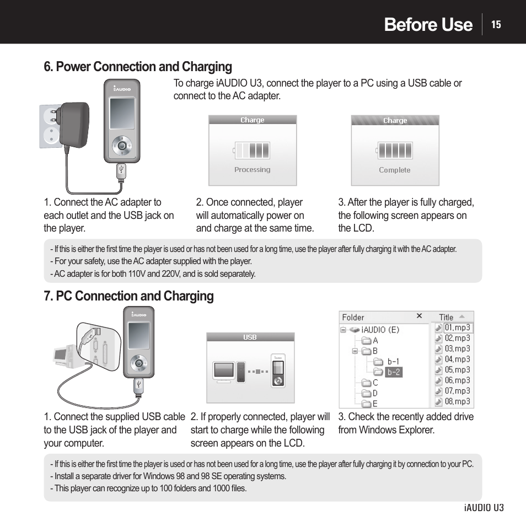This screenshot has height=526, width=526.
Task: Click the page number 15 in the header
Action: [x=496, y=24]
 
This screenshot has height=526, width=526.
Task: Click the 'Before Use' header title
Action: [x=428, y=24]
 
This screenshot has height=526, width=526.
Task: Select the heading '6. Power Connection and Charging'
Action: [x=138, y=67]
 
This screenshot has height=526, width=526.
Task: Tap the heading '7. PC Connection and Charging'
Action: [x=128, y=296]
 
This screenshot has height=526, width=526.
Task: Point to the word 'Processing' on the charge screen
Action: [x=252, y=170]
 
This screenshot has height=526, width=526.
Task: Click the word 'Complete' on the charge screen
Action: [x=395, y=170]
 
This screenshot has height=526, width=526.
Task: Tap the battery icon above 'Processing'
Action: [x=252, y=150]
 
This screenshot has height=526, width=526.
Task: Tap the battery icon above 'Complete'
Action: [x=395, y=150]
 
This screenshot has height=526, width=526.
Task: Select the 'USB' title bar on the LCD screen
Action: [x=250, y=337]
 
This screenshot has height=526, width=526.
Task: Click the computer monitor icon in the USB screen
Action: [x=224, y=371]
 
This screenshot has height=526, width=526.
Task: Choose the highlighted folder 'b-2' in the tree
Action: [x=393, y=372]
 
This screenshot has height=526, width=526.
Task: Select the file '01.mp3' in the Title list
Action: [x=457, y=328]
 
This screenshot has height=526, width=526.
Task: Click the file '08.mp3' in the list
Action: [x=457, y=401]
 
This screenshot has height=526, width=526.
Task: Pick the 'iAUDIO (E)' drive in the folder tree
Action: [x=379, y=330]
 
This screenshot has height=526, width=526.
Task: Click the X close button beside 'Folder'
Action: [x=419, y=316]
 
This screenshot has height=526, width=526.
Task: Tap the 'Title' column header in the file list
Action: [x=446, y=317]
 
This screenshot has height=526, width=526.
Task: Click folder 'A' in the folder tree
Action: [x=375, y=341]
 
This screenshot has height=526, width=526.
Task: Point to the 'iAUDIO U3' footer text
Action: [x=484, y=507]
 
